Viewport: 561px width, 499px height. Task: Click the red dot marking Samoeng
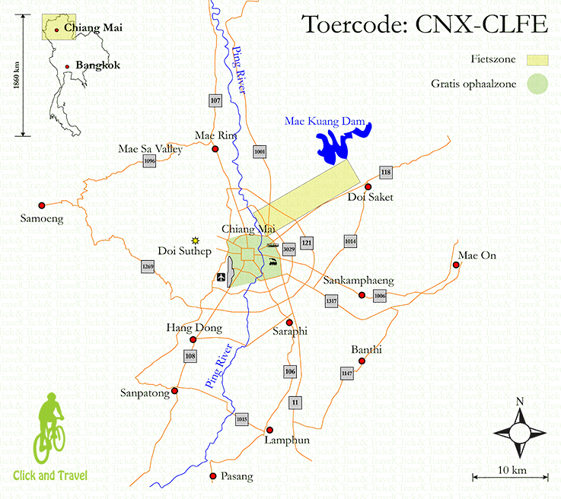pyautogui.click(x=42, y=205)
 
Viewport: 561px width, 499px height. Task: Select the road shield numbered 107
pyautogui.click(x=215, y=100)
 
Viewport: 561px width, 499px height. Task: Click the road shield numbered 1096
pyautogui.click(x=149, y=161)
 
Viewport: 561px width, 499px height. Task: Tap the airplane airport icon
pyautogui.click(x=222, y=276)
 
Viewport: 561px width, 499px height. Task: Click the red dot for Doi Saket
pyautogui.click(x=368, y=186)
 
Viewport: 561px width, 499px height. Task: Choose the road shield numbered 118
pyautogui.click(x=386, y=173)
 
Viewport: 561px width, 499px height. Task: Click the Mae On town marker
pyautogui.click(x=456, y=265)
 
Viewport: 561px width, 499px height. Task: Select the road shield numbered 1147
pyautogui.click(x=347, y=373)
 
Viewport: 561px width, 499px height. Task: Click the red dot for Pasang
pyautogui.click(x=213, y=476)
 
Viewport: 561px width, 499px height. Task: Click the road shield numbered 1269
pyautogui.click(x=148, y=267)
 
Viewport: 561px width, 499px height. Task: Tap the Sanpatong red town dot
pyautogui.click(x=175, y=391)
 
